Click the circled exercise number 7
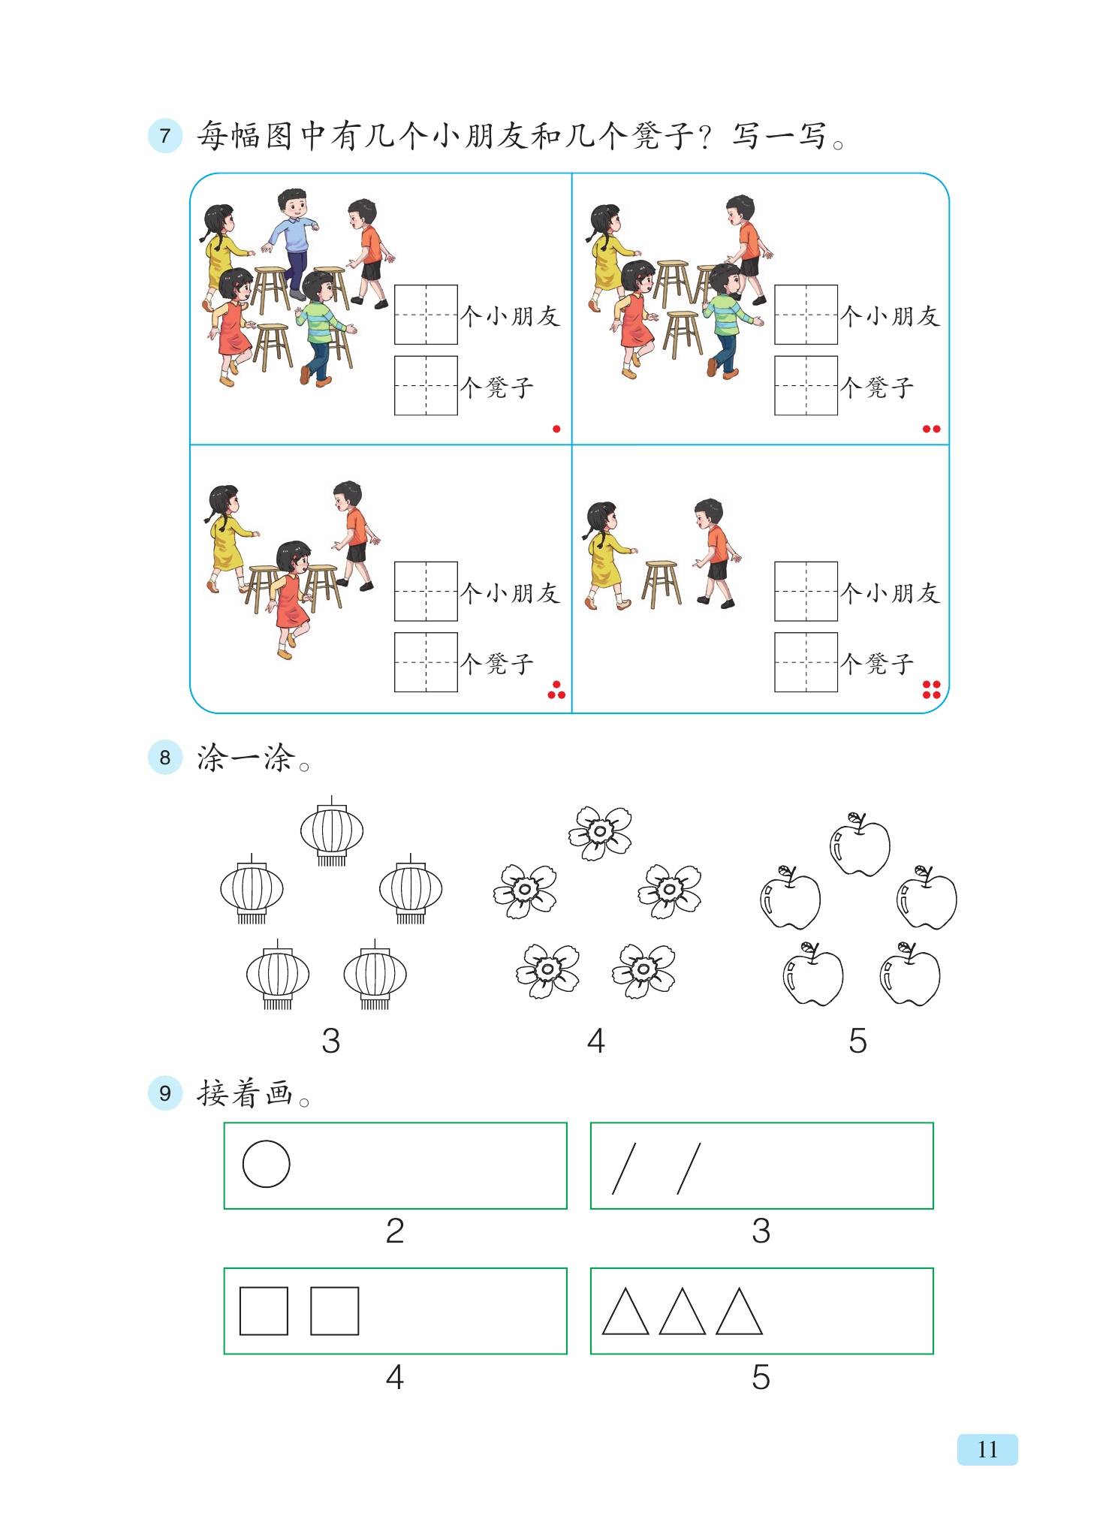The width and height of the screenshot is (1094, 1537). click(165, 136)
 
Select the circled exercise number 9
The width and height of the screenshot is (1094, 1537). click(165, 1092)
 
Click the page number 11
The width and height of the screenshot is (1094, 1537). click(987, 1449)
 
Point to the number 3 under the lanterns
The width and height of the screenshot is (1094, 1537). click(330, 1041)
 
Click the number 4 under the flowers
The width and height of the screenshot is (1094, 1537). click(595, 1041)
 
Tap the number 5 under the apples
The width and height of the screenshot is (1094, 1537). click(857, 1041)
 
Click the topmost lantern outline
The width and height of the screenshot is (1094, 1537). click(332, 831)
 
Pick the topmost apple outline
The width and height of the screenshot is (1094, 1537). click(860, 844)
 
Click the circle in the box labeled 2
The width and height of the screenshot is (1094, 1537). click(266, 1164)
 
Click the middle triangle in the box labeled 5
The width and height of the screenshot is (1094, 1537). click(682, 1312)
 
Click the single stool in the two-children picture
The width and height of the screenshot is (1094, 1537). click(662, 583)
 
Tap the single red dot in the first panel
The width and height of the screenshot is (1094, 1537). click(556, 429)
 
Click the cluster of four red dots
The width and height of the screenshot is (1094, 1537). click(931, 689)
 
